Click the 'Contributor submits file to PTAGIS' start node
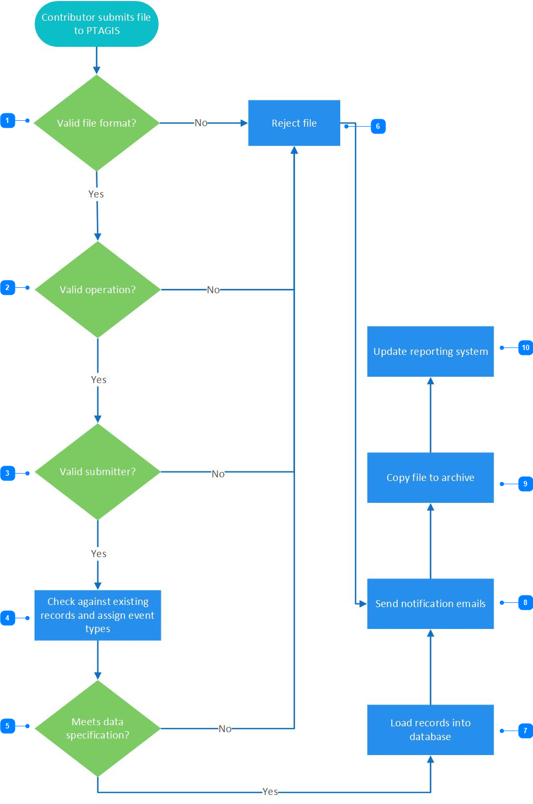(96, 24)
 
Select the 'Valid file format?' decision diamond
(96, 123)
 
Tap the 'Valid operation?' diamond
(97, 289)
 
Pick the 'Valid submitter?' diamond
(97, 471)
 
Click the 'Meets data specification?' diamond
(97, 728)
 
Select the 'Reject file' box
(294, 123)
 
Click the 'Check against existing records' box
(97, 615)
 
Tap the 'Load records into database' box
(430, 730)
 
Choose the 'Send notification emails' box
(430, 604)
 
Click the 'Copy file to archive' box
(430, 477)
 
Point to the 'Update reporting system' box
(430, 351)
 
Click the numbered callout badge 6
(378, 126)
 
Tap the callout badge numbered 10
(526, 347)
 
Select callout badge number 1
(7, 121)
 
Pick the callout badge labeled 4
(7, 618)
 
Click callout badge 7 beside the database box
(526, 731)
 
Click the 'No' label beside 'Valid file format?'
(201, 123)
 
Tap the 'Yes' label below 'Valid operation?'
(99, 379)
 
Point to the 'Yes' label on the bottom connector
(270, 791)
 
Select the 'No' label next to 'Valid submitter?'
(218, 474)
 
